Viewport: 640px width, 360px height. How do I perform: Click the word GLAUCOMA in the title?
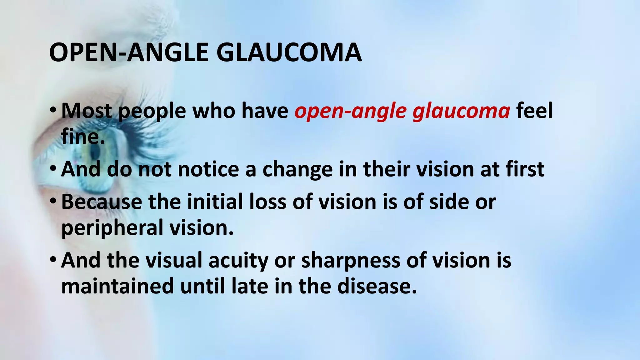pyautogui.click(x=289, y=52)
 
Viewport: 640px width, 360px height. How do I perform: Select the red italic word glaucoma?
pyautogui.click(x=461, y=111)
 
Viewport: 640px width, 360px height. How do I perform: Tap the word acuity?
pyautogui.click(x=238, y=260)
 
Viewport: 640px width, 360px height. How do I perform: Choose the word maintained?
pyautogui.click(x=117, y=286)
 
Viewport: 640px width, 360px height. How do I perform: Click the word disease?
pyautogui.click(x=377, y=286)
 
